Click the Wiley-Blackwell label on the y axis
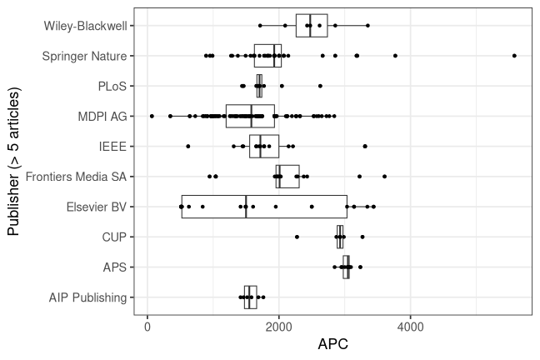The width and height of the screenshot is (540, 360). [86, 26]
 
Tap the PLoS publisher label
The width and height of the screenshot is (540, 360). [112, 86]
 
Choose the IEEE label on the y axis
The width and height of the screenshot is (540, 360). [112, 146]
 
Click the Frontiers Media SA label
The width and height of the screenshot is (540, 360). [77, 177]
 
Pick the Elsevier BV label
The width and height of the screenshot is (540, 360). [95, 207]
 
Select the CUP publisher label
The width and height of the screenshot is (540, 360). [114, 237]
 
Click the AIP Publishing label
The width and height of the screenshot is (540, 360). [88, 297]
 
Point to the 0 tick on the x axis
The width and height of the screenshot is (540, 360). [147, 327]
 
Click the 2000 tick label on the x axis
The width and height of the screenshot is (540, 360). [279, 327]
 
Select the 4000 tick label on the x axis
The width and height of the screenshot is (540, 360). [411, 327]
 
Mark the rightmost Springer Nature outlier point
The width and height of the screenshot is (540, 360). [514, 56]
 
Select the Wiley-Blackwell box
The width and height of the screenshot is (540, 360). [312, 26]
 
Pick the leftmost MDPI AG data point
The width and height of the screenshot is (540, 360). [152, 116]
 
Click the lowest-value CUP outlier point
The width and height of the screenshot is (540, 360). [297, 237]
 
